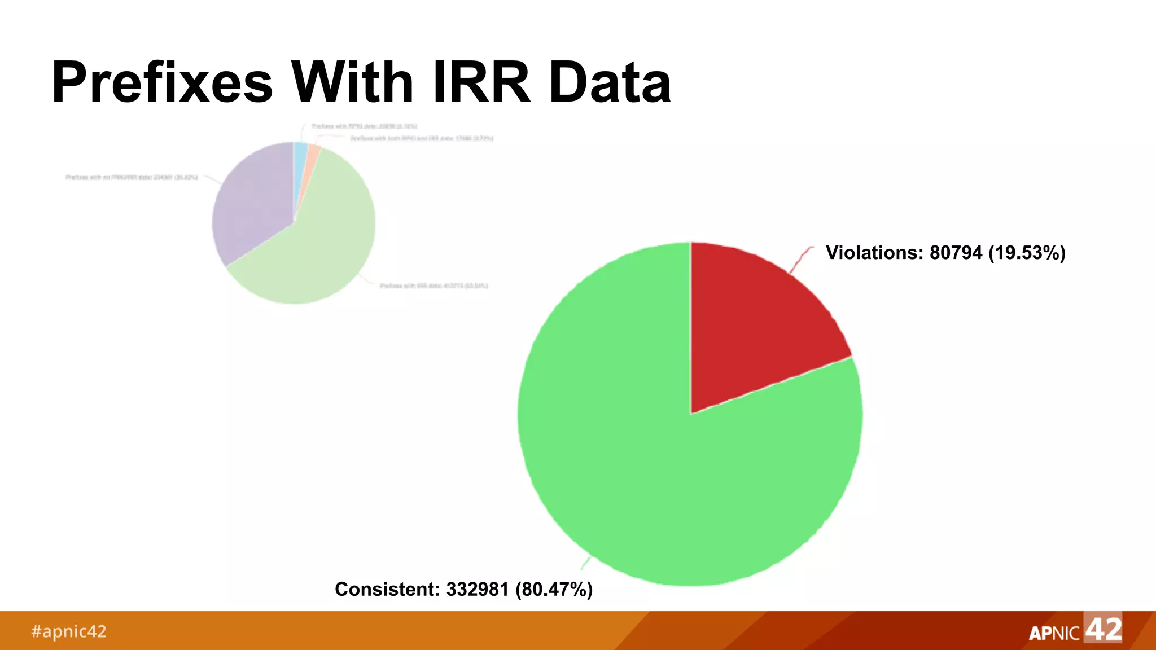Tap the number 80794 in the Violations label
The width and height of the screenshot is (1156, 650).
956,253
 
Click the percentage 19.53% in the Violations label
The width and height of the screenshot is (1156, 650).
1027,253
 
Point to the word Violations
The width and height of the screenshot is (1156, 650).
874,253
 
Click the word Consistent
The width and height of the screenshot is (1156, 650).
387,589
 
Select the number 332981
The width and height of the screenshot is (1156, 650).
477,589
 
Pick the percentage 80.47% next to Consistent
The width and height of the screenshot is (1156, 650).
554,589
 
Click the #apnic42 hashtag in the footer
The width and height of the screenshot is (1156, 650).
68,631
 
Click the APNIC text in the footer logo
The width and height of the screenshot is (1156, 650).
1054,633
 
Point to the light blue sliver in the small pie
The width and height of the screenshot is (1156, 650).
300,155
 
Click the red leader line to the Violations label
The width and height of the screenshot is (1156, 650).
800,260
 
